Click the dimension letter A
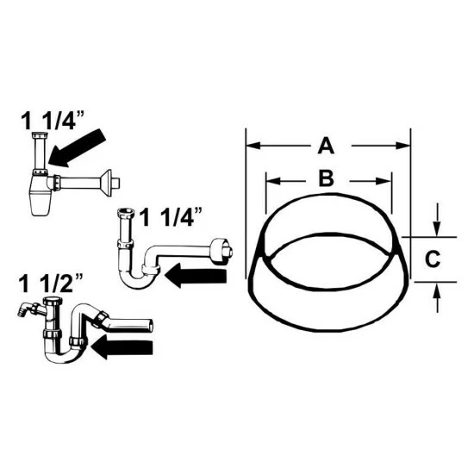coord(326,146)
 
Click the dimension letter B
coord(327,178)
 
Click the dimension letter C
coord(433,259)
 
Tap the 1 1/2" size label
coord(51,284)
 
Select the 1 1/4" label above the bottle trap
coord(53,121)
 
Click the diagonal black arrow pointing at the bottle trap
coord(77,148)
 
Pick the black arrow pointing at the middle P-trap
coord(196,276)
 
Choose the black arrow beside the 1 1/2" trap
coord(122,347)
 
